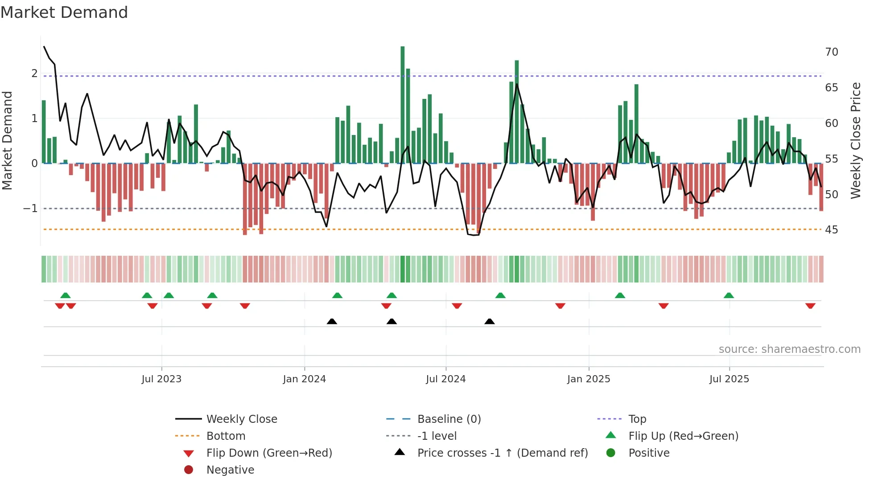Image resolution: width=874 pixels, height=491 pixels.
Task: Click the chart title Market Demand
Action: [x=64, y=12]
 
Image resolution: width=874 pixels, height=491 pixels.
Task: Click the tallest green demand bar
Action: [x=402, y=105]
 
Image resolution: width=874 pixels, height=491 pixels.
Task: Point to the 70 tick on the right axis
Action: [x=831, y=52]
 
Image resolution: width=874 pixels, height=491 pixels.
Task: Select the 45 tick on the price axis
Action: [x=831, y=230]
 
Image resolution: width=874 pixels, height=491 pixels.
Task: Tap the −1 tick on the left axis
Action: [x=30, y=209]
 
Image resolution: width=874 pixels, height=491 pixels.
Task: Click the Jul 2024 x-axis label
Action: [x=445, y=379]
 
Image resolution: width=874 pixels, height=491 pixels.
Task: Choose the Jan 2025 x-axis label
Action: [x=588, y=379]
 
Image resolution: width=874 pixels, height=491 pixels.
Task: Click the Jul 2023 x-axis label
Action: [x=161, y=379]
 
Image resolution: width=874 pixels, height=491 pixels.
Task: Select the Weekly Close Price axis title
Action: [x=855, y=140]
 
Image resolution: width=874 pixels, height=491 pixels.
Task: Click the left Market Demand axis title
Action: [x=8, y=140]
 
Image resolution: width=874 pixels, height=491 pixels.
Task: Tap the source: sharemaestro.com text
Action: [x=789, y=349]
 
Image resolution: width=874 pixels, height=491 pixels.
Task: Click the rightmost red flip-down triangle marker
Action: [x=810, y=306]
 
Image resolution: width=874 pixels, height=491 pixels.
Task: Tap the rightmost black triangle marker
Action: [x=489, y=321]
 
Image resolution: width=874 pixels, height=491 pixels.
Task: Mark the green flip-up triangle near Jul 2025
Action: [x=729, y=295]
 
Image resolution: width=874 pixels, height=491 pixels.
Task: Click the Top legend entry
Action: [x=637, y=419]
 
